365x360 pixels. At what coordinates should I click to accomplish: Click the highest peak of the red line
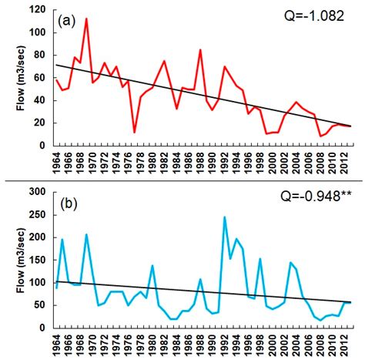click(86, 19)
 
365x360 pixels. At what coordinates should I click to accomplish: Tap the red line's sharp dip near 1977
click(135, 132)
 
